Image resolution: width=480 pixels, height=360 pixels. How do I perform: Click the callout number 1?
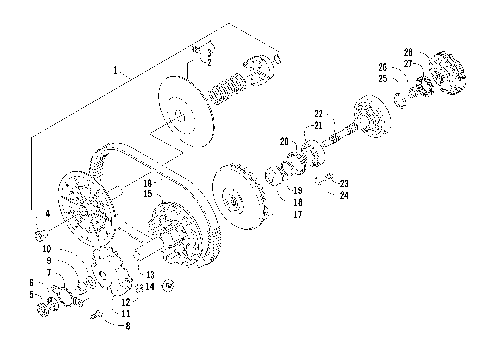tap(117, 71)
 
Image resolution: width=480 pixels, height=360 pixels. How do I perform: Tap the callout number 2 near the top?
tap(209, 62)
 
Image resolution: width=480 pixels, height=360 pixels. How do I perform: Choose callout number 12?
tap(127, 301)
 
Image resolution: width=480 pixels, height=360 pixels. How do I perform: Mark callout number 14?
tap(149, 287)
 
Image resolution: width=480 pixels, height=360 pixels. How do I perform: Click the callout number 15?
tap(147, 193)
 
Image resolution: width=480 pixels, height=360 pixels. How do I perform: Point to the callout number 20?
tap(284, 141)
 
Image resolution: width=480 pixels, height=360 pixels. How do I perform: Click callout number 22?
tap(319, 113)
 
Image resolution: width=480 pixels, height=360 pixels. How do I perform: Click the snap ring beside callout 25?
tap(398, 97)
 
